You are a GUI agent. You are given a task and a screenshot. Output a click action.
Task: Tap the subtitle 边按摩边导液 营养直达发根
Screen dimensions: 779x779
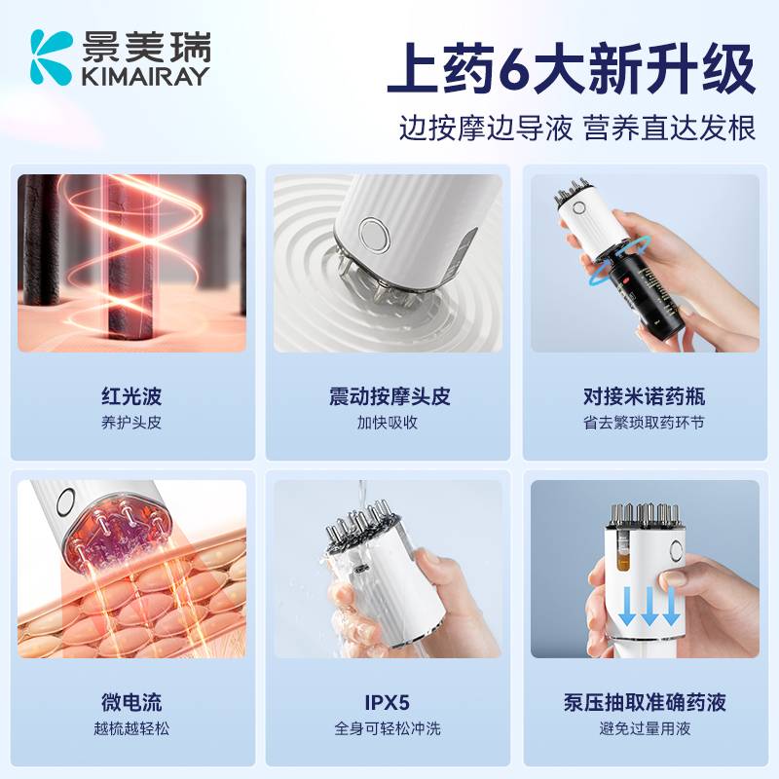[x=577, y=129]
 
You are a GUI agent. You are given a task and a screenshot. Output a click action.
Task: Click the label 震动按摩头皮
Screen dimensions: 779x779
[x=389, y=397]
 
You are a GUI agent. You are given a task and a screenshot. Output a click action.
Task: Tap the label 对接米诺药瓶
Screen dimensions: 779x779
[x=644, y=397]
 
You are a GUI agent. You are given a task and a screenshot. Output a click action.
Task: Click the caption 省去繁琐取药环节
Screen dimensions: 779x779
[x=644, y=423]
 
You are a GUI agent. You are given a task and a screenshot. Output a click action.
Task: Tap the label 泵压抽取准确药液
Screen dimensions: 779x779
[x=644, y=703]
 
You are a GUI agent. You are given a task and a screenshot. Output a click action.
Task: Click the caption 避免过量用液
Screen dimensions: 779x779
[x=644, y=728]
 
